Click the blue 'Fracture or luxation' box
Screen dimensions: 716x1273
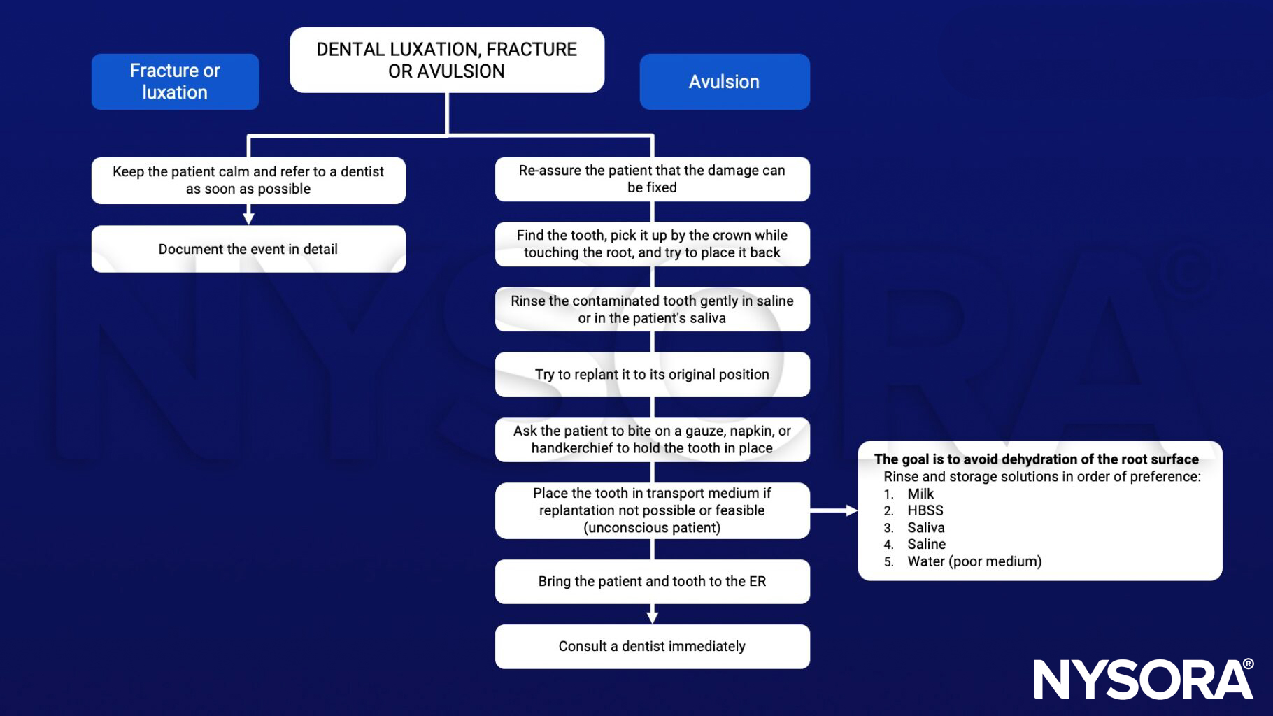[x=175, y=82]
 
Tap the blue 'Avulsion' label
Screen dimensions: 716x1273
[x=724, y=82]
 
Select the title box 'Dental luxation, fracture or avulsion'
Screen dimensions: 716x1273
[x=446, y=60]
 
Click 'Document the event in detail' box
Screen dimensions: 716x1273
[x=248, y=249]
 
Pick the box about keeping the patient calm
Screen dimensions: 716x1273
[x=248, y=180]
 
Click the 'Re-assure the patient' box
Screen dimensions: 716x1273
[x=652, y=179]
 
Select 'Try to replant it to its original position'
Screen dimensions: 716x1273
[x=652, y=375]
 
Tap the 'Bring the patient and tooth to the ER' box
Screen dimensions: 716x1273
[x=652, y=582]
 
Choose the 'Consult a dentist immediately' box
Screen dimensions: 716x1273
[x=652, y=647]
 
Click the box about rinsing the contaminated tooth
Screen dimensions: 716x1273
[x=652, y=309]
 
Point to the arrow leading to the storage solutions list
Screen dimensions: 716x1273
[x=834, y=510]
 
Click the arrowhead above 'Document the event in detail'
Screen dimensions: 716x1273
[x=248, y=218]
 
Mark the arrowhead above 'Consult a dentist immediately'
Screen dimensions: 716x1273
[x=653, y=617]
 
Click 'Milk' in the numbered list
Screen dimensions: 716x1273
[x=920, y=494]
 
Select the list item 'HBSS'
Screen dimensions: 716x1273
[x=925, y=510]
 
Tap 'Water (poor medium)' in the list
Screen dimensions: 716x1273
[x=974, y=561]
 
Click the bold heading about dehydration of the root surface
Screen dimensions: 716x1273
[x=1036, y=459]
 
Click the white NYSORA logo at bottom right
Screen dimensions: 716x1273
[x=1142, y=679]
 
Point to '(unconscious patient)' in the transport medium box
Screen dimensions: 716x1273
[x=652, y=528]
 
